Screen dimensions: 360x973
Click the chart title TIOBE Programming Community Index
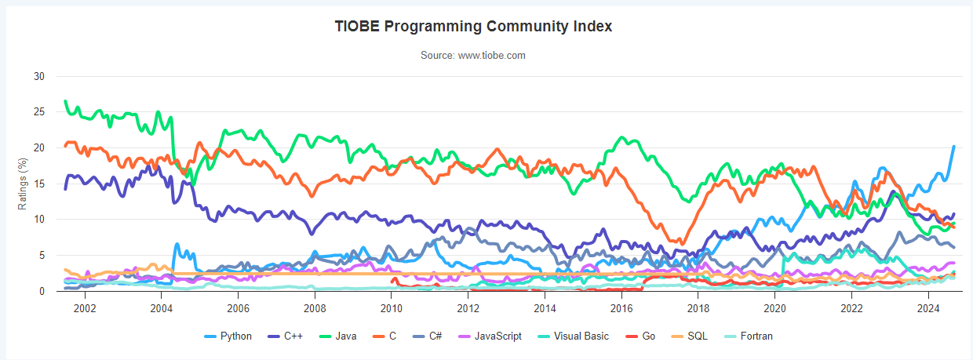tap(473, 26)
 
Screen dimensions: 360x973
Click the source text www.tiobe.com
tap(473, 56)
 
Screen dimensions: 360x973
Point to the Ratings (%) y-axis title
tap(24, 184)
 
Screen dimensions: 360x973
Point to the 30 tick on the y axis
tap(38, 77)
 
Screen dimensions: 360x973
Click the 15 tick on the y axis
tap(38, 184)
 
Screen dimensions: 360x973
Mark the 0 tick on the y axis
tap(42, 291)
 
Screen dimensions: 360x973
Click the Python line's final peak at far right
tap(953, 147)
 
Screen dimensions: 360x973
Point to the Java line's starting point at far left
tap(65, 101)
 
